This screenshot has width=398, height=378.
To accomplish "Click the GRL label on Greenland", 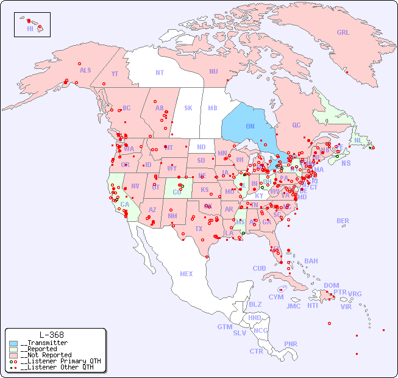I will pos(343,33).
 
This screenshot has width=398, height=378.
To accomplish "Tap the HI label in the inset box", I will pos(30,29).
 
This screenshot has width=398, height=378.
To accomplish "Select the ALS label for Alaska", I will pos(85,70).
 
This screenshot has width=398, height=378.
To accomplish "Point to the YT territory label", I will pos(115,74).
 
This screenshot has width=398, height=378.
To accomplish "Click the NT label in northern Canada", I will pos(159,73).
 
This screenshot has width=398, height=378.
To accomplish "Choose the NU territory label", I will pos(213,71).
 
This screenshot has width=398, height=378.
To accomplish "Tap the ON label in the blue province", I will pos(250,127).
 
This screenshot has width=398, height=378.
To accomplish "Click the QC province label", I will pos(296,125).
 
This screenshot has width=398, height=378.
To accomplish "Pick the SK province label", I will pos(188,108).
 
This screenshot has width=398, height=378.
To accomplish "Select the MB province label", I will pos(213,108).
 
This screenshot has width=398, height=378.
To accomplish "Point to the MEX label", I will pos(187,274).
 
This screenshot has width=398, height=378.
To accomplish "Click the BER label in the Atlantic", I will pos(343,221).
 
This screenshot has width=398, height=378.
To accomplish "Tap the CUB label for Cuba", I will pos(259,268).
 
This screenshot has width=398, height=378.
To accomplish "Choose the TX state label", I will pos(199,229).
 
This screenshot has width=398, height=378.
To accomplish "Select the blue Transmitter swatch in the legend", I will pos(13,343).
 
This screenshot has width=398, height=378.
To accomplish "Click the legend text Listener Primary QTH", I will pos(60,361).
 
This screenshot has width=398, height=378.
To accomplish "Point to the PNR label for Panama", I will pos(291,344).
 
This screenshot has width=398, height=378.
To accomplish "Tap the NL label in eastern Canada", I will pos(358,140).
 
